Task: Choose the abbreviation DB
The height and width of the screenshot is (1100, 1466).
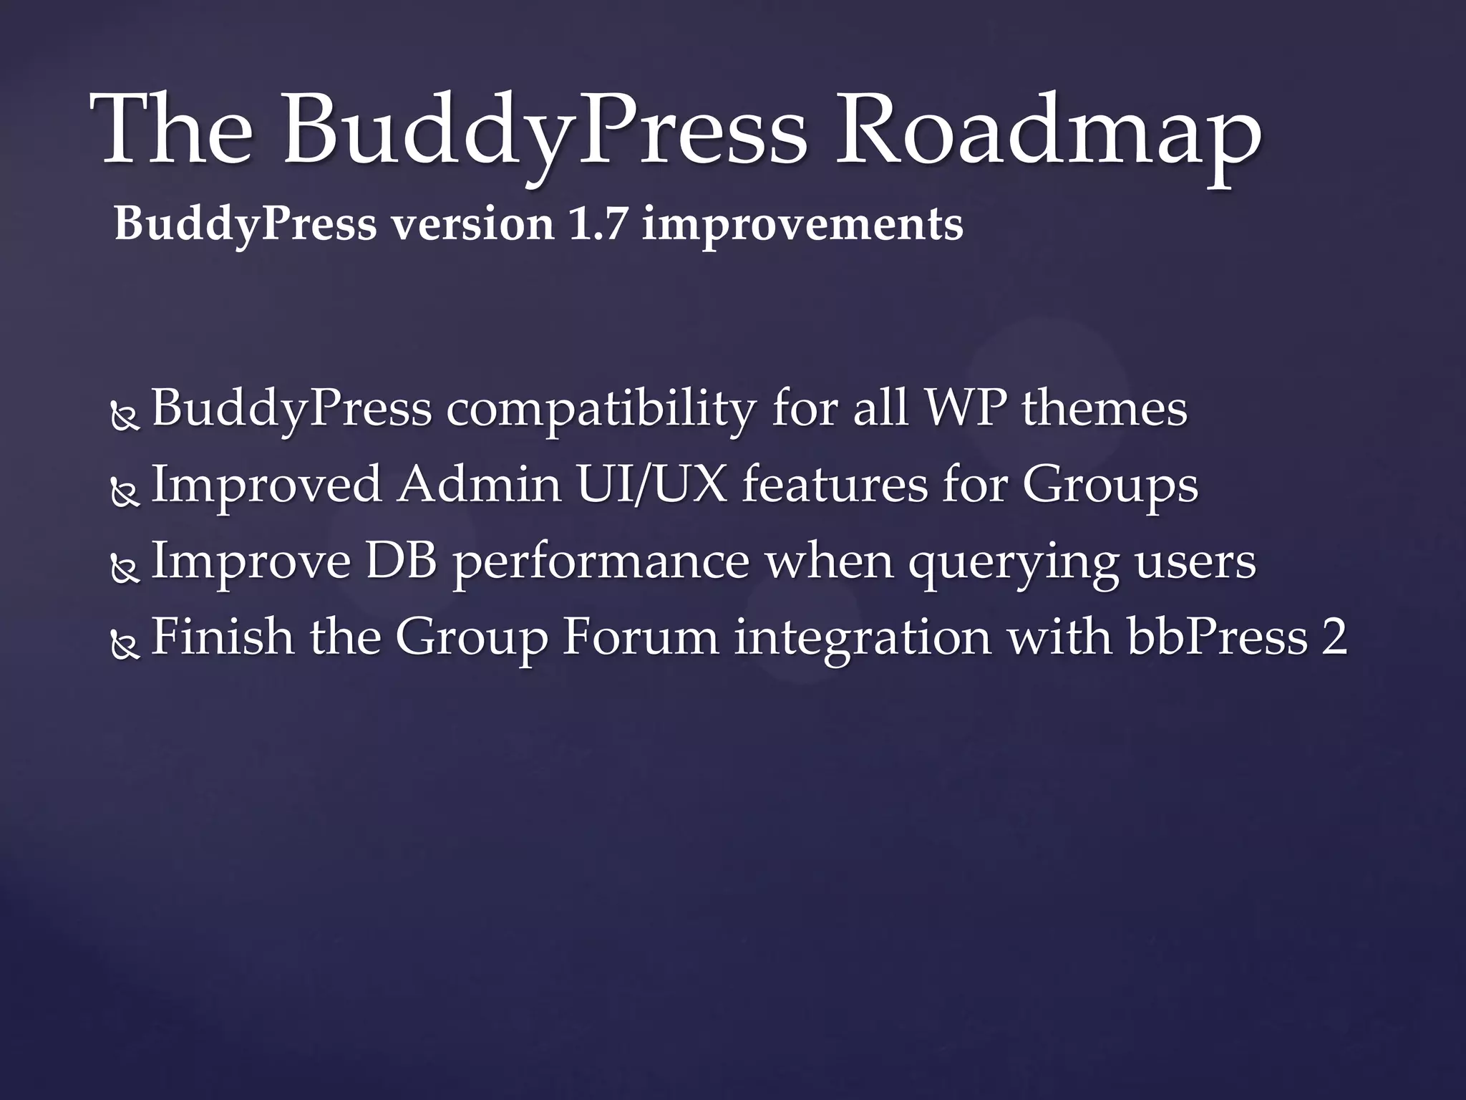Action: pos(402,561)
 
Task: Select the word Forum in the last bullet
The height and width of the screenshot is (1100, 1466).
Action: pos(640,637)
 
